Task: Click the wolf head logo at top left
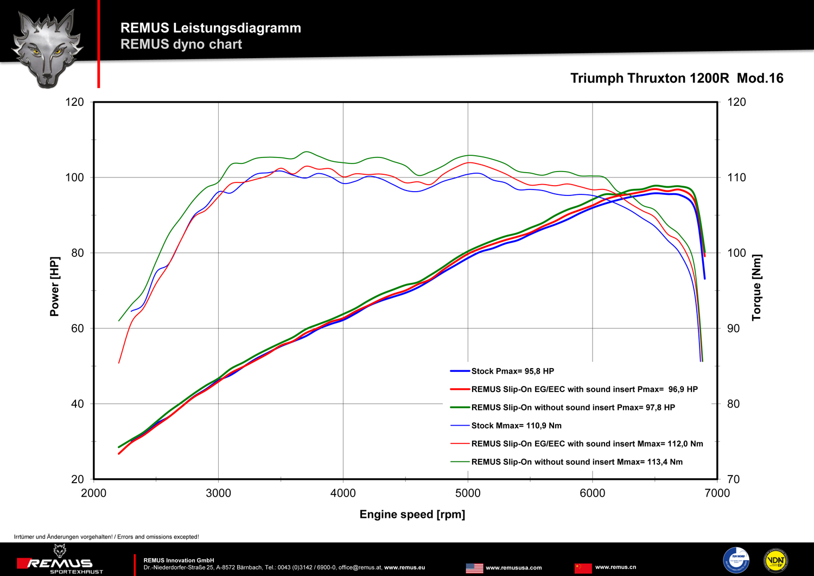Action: pyautogui.click(x=48, y=48)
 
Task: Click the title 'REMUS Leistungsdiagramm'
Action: pyautogui.click(x=211, y=28)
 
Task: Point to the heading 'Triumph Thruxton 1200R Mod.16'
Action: pyautogui.click(x=677, y=78)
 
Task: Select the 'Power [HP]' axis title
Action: pyautogui.click(x=54, y=286)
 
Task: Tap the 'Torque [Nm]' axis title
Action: pyautogui.click(x=756, y=287)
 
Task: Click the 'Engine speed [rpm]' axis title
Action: pyautogui.click(x=412, y=514)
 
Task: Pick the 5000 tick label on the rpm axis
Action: pyautogui.click(x=468, y=493)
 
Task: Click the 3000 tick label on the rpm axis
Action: pyautogui.click(x=218, y=493)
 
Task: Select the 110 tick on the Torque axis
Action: pyautogui.click(x=736, y=178)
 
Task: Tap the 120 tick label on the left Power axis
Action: pyautogui.click(x=75, y=102)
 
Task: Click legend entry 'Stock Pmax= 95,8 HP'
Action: pyautogui.click(x=512, y=371)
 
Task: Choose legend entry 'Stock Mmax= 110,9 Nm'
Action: pyautogui.click(x=516, y=426)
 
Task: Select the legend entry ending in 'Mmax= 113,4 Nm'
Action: pyautogui.click(x=576, y=462)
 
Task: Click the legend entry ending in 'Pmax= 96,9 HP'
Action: pyautogui.click(x=584, y=389)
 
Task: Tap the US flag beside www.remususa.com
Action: pyautogui.click(x=474, y=568)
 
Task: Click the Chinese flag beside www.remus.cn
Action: pyautogui.click(x=583, y=567)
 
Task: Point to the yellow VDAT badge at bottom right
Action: pyautogui.click(x=775, y=560)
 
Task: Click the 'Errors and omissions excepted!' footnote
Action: pyautogui.click(x=106, y=537)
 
